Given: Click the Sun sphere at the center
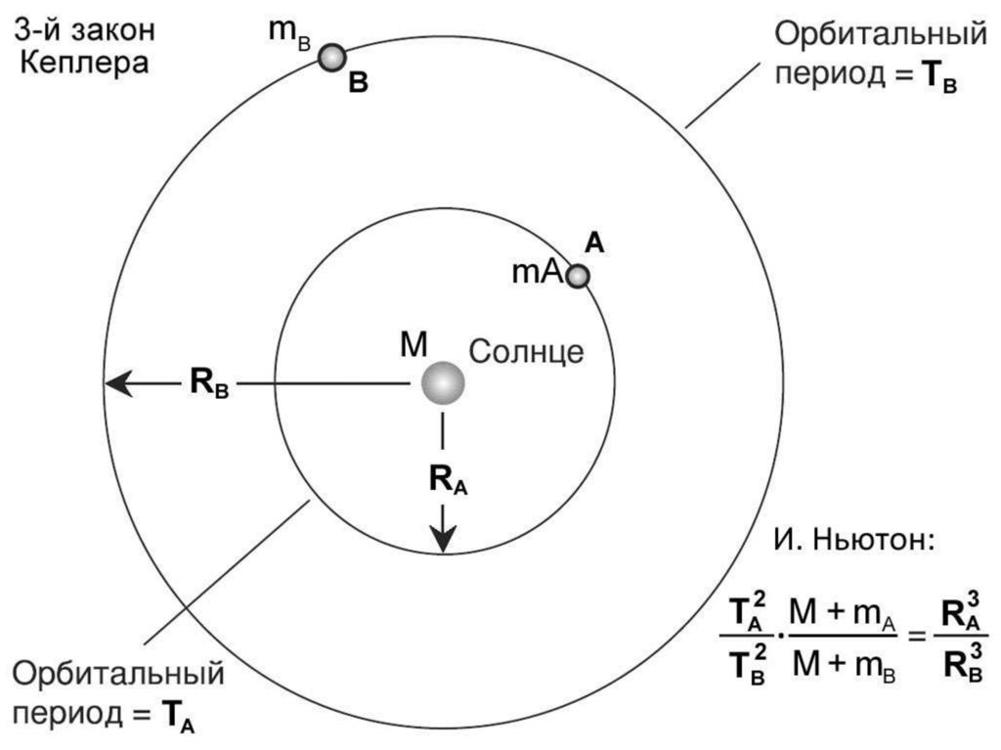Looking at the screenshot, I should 443,383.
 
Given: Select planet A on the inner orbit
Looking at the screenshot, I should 579,277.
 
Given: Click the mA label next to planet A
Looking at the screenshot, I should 537,274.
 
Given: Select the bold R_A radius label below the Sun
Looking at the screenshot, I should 448,478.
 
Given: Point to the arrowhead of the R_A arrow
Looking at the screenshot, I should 444,540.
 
